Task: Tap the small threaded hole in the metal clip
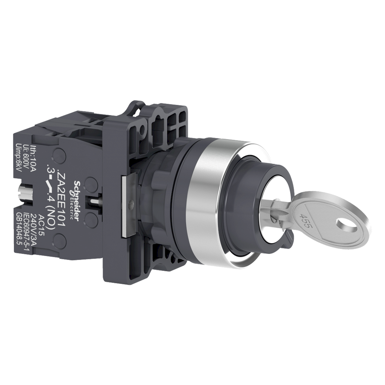click(131, 205)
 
